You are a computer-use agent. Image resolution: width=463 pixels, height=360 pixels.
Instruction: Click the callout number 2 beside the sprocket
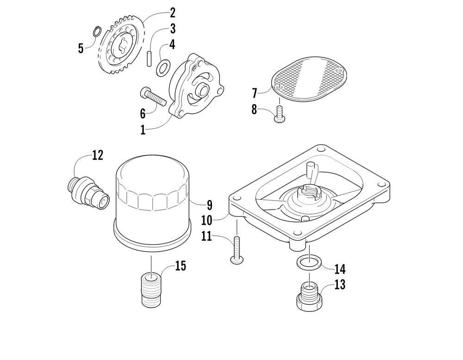click(x=159, y=12)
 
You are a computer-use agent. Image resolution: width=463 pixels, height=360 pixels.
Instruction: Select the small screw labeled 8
click(x=279, y=114)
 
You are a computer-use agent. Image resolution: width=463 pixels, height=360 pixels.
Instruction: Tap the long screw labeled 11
click(x=237, y=250)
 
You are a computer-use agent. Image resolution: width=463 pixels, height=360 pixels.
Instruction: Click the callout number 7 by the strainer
click(x=254, y=93)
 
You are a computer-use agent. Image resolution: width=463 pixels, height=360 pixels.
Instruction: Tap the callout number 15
click(x=180, y=266)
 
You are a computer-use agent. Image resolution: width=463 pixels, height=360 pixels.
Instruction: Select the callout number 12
click(x=98, y=155)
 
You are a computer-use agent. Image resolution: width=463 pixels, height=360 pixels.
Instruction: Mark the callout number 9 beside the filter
click(x=209, y=204)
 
